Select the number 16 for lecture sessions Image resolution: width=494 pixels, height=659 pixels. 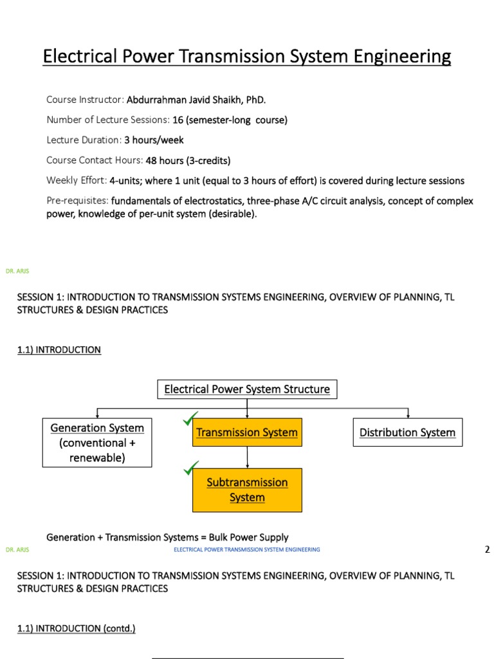[x=178, y=120]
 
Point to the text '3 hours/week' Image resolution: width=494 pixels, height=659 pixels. [x=154, y=140]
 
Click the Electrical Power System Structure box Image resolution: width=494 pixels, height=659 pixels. [x=247, y=389]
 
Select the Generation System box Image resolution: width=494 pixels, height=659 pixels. [x=97, y=443]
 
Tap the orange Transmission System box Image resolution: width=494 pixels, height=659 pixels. [x=247, y=432]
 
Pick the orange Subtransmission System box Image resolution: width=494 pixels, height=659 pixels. [x=247, y=490]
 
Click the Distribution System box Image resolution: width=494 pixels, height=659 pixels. [x=407, y=432]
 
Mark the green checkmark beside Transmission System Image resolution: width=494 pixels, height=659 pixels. [x=190, y=420]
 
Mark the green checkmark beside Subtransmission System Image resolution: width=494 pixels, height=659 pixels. [x=190, y=469]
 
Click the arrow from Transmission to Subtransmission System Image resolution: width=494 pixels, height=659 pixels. [x=247, y=457]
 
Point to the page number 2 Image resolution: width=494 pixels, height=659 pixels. [x=486, y=550]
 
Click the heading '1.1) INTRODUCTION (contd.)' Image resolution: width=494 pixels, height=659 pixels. [x=77, y=628]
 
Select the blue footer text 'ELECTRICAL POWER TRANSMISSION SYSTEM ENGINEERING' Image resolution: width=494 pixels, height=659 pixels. [x=247, y=550]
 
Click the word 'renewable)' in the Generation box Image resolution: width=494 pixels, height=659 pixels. [x=97, y=458]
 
